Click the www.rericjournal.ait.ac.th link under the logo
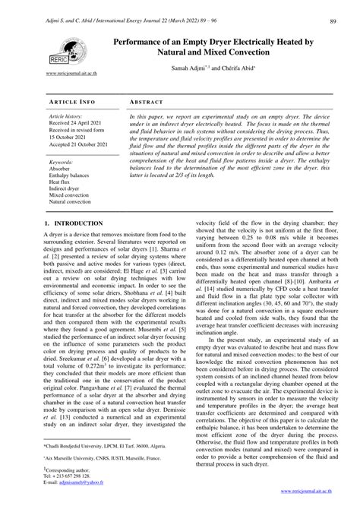[73, 75]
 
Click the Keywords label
[61, 162]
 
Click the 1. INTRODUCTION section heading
[74, 223]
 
